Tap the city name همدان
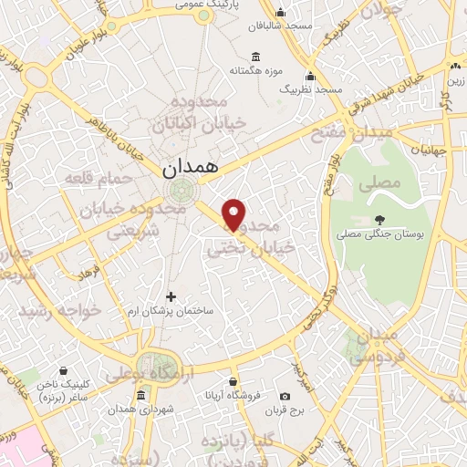coord(190,169)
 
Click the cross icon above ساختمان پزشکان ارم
coord(171,296)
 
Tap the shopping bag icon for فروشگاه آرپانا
coord(233,381)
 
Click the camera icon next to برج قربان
coord(285,396)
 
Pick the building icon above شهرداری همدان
coord(140,395)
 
